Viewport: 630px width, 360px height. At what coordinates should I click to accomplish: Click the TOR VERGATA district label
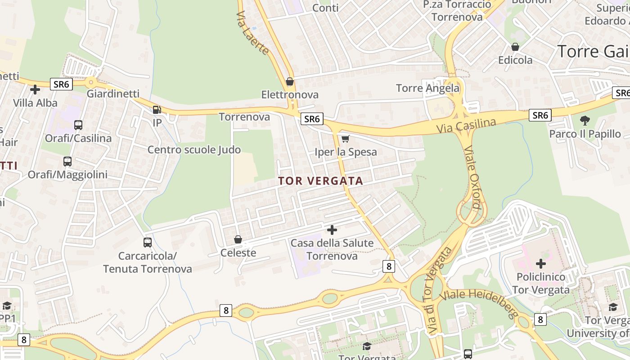(x=320, y=181)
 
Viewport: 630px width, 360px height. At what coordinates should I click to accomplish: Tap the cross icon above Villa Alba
(x=35, y=90)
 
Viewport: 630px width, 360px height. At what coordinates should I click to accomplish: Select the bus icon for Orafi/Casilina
(x=78, y=125)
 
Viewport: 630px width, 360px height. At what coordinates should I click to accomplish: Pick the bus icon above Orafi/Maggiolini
(x=67, y=161)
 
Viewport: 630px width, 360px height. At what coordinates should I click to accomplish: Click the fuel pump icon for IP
(x=157, y=109)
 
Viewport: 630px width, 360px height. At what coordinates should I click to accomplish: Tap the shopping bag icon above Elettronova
(x=290, y=81)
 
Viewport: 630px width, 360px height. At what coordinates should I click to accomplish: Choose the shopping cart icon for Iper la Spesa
(x=345, y=139)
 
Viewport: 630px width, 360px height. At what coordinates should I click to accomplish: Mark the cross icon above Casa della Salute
(x=332, y=230)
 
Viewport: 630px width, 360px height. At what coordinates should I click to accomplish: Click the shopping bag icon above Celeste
(x=238, y=239)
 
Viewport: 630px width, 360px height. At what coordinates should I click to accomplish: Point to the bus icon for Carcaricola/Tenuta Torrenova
(x=148, y=243)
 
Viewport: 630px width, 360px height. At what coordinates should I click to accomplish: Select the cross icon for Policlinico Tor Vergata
(x=541, y=263)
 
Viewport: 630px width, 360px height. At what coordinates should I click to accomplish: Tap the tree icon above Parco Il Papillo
(x=585, y=120)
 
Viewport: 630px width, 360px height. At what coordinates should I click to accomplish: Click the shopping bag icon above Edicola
(x=515, y=47)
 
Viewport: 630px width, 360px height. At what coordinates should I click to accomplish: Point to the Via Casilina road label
(x=466, y=126)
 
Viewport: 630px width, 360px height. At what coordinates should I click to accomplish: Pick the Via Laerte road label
(x=252, y=33)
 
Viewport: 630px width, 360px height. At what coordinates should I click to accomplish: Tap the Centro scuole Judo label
(x=194, y=150)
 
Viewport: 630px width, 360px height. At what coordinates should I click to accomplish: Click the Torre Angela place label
(x=427, y=88)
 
